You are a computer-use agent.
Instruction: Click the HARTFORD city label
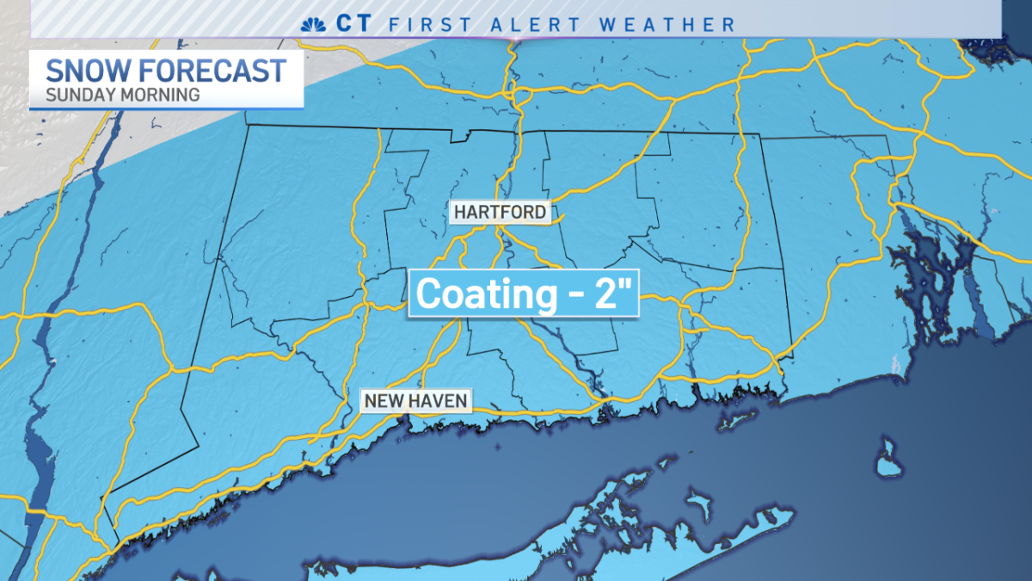pyautogui.click(x=500, y=212)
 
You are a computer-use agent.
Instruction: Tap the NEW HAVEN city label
pyautogui.click(x=415, y=400)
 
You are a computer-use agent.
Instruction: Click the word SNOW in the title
pyautogui.click(x=83, y=71)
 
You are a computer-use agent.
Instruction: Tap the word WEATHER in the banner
pyautogui.click(x=667, y=24)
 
